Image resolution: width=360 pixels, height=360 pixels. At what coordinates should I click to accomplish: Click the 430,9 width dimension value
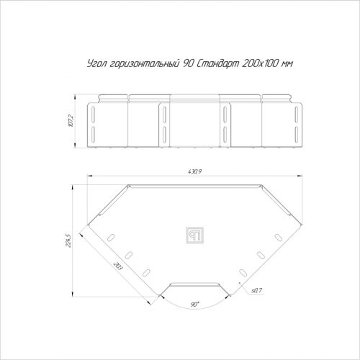coord(195,172)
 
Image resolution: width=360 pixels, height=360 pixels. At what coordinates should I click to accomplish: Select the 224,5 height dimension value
coord(68,240)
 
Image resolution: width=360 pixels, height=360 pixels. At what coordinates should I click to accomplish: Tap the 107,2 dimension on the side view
coord(71,121)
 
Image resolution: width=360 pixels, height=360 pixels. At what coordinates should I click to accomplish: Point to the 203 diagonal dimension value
coord(117,267)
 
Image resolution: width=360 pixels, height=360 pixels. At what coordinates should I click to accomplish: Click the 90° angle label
coord(194,305)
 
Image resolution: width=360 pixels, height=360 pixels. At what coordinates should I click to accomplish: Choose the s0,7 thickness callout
coord(257,290)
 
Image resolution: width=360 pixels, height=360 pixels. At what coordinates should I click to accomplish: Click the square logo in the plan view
coord(194,235)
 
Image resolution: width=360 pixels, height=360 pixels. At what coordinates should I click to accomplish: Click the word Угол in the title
coord(96,63)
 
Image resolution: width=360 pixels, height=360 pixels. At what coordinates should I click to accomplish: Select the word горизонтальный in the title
coord(145,63)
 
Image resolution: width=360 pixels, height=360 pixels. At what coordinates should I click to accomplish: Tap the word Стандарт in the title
coord(218,63)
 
